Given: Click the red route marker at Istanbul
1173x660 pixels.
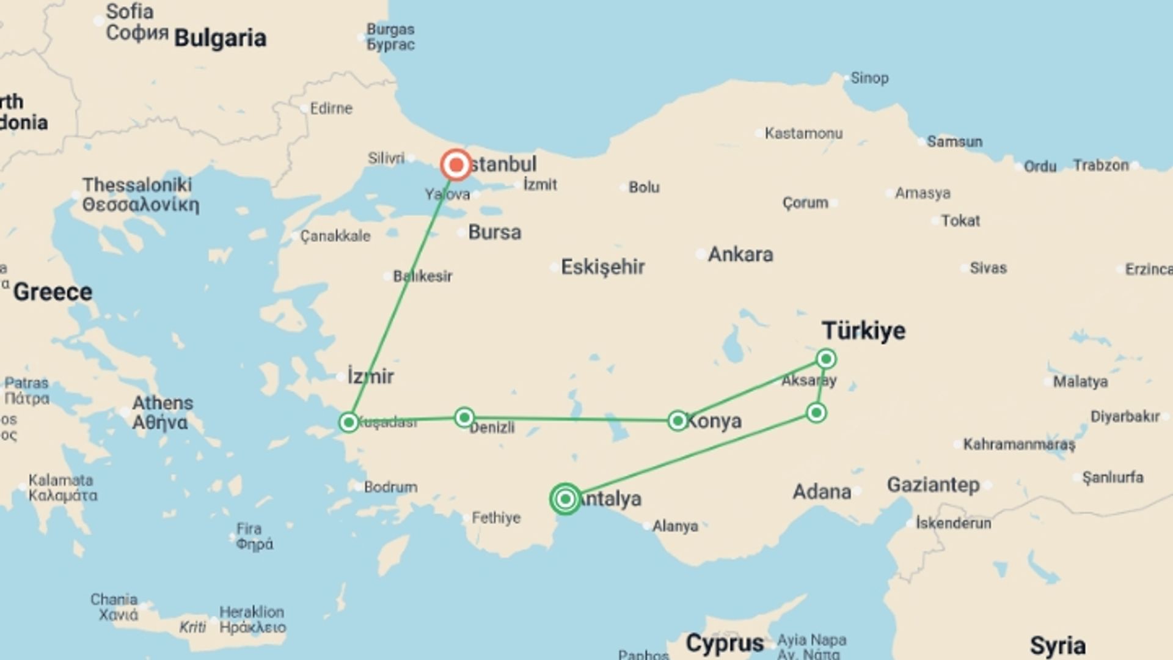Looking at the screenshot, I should (456, 165).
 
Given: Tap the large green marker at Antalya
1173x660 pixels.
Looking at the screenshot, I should (565, 499).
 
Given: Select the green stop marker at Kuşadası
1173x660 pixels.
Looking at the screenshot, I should (349, 422).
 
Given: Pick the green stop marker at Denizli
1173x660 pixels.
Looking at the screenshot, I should (464, 417).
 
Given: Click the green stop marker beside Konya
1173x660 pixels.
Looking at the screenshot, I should (678, 420).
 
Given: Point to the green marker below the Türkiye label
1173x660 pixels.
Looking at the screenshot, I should (826, 358).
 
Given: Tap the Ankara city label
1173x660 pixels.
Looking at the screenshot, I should (740, 254).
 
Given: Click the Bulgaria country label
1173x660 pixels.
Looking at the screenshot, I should (220, 38).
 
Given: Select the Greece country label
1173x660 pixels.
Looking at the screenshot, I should (53, 291).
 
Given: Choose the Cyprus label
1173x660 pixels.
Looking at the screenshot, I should (725, 643).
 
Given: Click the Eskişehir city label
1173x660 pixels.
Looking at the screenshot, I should (602, 267).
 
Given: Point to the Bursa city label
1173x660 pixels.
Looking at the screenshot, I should (494, 232).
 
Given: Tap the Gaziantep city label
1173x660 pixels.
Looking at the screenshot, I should (933, 485).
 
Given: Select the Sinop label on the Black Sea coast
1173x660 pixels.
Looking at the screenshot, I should (869, 78).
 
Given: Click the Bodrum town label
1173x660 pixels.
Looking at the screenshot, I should (390, 487).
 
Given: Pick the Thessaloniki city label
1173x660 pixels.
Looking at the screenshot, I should (137, 185).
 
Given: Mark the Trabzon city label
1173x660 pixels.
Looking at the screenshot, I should (1100, 165).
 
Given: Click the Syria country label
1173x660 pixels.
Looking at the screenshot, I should (1058, 645).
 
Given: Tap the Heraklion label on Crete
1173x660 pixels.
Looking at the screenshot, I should (252, 612).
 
